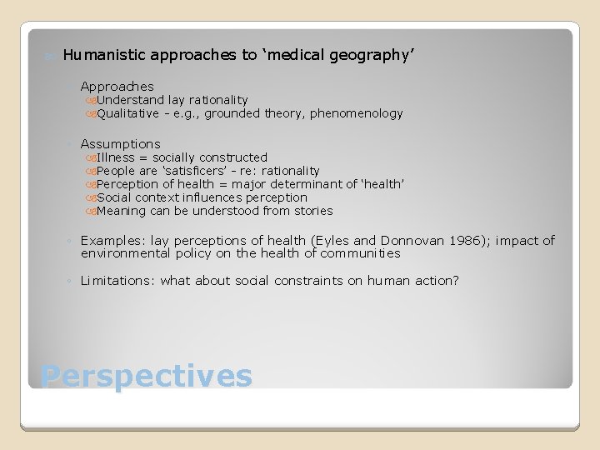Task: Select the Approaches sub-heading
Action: point(117,86)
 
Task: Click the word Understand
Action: point(130,100)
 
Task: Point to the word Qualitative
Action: point(127,113)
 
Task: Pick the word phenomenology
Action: point(356,113)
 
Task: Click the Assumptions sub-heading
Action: point(120,144)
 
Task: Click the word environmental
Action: point(122,252)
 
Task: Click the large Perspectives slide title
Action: point(146,376)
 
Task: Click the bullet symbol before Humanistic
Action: point(49,56)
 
